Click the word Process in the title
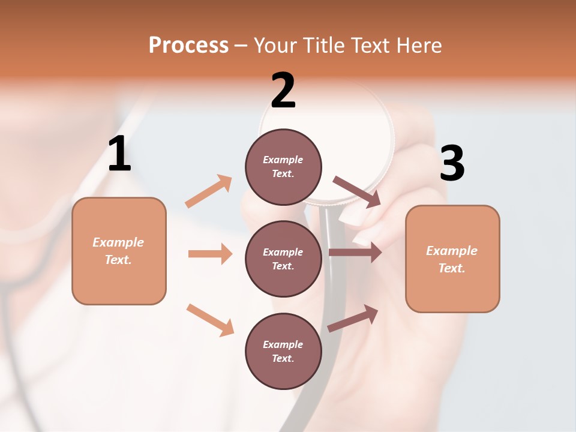tap(188, 46)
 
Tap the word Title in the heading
tap(322, 46)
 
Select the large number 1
tap(119, 154)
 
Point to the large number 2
tap(283, 91)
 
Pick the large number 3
tap(452, 164)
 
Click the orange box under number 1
tap(119, 251)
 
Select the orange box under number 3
tap(452, 259)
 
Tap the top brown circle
tap(283, 166)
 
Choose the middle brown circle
tap(283, 259)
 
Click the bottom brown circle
tap(283, 351)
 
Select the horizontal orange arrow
tap(210, 254)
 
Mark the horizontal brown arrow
tap(355, 253)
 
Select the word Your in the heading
tap(275, 46)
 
